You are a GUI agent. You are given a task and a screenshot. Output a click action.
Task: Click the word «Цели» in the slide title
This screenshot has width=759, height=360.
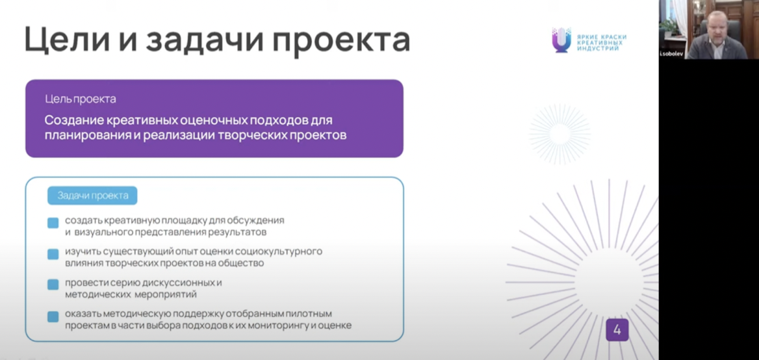tap(70, 40)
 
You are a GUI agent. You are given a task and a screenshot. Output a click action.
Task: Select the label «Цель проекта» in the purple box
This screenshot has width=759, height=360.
tap(81, 99)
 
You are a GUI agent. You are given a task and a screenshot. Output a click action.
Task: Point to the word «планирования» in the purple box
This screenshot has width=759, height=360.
tap(87, 136)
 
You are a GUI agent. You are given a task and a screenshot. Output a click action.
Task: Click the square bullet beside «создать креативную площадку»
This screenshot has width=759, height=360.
tap(53, 223)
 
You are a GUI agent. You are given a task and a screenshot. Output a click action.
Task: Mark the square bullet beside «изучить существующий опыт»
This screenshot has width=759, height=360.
tap(53, 255)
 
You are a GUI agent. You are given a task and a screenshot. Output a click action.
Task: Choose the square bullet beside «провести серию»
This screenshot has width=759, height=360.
tap(53, 285)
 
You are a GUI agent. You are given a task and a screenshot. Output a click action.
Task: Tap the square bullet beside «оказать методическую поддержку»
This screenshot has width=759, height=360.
tap(53, 316)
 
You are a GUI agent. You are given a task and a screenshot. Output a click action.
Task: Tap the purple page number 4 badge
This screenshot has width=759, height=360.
tap(617, 330)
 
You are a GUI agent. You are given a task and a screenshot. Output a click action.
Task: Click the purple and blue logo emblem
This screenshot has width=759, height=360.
tap(561, 40)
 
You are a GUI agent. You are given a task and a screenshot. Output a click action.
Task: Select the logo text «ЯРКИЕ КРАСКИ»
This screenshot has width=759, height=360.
tap(602, 37)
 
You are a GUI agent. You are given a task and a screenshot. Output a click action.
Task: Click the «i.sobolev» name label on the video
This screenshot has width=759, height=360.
tap(672, 54)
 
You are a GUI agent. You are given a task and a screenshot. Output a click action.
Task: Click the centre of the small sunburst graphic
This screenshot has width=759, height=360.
tap(560, 134)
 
